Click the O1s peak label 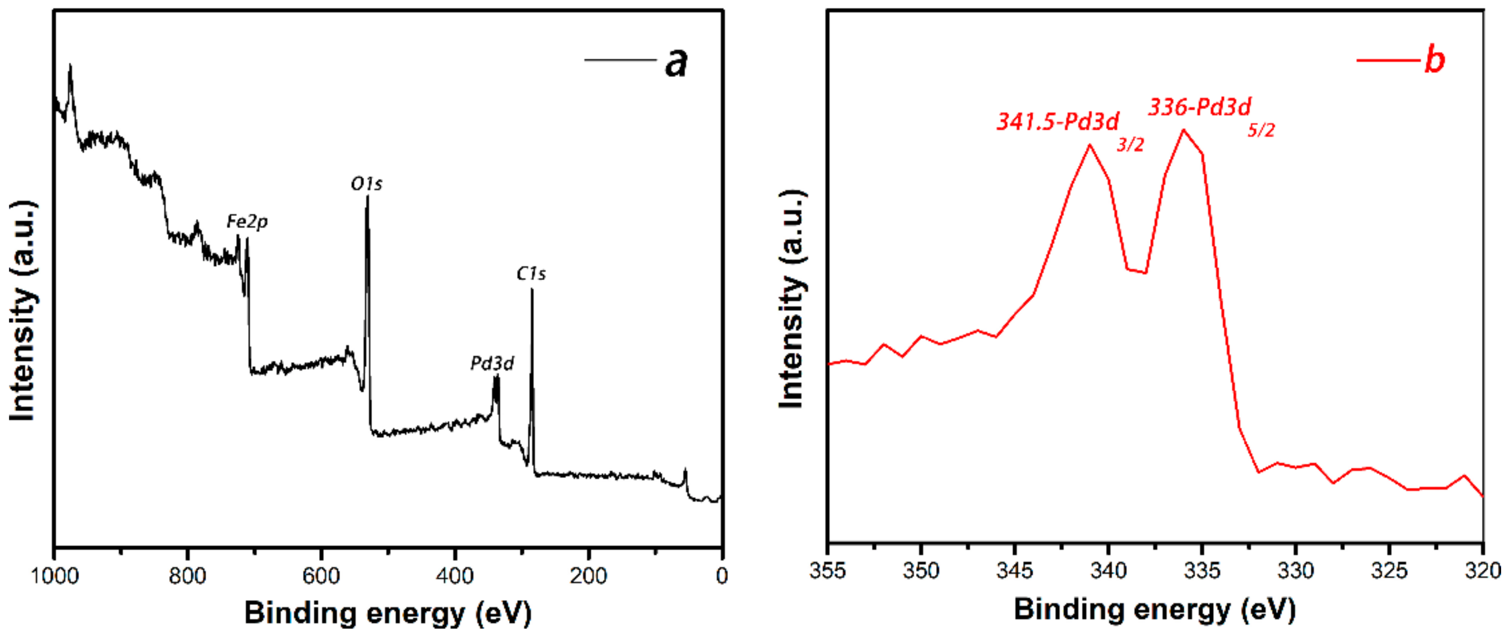pos(366,184)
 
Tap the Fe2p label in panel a pos(247,222)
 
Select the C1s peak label pos(531,274)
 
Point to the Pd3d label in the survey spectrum pos(492,364)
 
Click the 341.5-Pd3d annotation pos(1058,122)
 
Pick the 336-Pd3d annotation pos(1199,107)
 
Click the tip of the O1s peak pos(367,196)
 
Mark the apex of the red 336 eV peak pos(1184,130)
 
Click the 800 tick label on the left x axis pos(187,576)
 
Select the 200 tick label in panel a pos(588,576)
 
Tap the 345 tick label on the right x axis pos(1015,570)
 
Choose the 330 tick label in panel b pos(1296,570)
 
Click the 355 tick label pos(827,570)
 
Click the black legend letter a pos(676,62)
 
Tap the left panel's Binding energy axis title pos(388,613)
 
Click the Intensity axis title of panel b pos(792,299)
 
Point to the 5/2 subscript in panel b pos(1261,131)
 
